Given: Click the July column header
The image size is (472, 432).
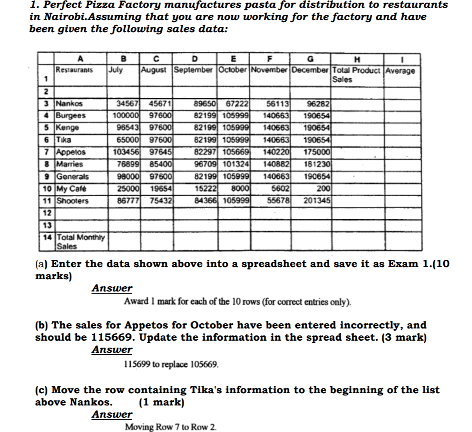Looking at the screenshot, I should (115, 70).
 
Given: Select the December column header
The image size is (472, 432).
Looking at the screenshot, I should (311, 70).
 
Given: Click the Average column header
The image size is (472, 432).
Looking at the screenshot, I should (400, 70).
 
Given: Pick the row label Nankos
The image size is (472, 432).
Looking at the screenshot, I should (69, 104).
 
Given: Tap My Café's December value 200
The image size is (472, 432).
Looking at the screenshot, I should (324, 189).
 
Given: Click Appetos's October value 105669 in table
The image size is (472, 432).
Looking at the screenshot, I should (235, 153).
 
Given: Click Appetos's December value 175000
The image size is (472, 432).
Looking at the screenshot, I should (318, 153).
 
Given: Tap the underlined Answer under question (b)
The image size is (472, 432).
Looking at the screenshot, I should (112, 350).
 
